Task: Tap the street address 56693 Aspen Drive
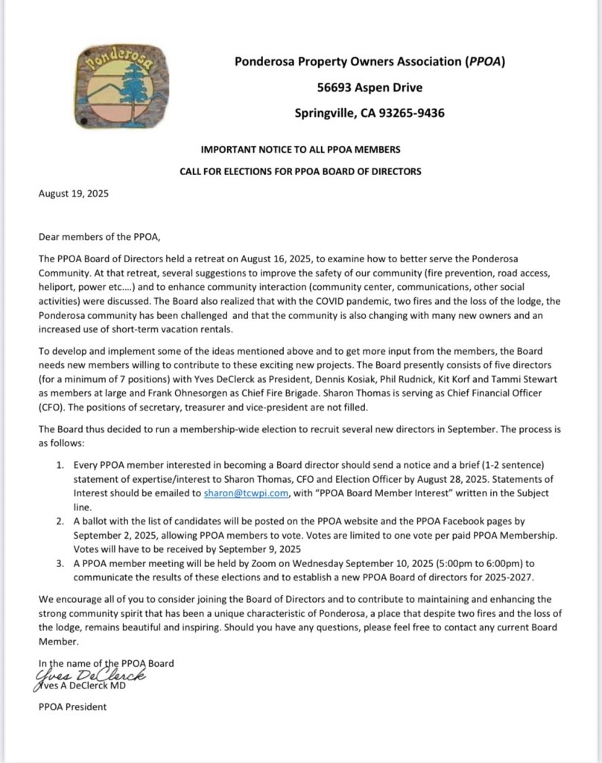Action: [x=370, y=88]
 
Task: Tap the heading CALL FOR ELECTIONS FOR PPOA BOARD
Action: [x=300, y=171]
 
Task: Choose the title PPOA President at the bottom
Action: [x=72, y=706]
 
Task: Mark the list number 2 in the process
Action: [x=60, y=522]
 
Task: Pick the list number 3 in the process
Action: [x=60, y=564]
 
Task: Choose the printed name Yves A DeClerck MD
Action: [x=84, y=686]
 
